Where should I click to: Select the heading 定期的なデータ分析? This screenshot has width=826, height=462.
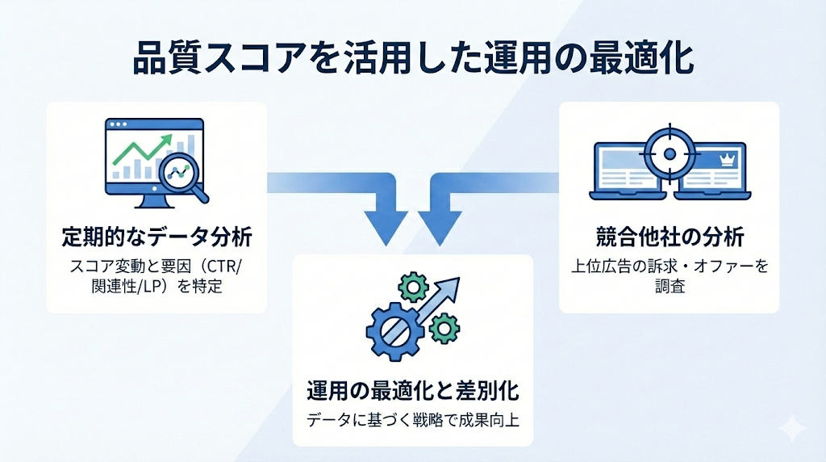point(157,237)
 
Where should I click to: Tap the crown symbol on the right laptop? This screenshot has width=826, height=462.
point(724,161)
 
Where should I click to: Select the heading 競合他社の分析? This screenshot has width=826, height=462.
point(669,237)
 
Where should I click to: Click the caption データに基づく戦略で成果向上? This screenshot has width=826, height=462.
point(412,420)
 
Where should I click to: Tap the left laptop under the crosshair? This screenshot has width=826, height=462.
point(627,174)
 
